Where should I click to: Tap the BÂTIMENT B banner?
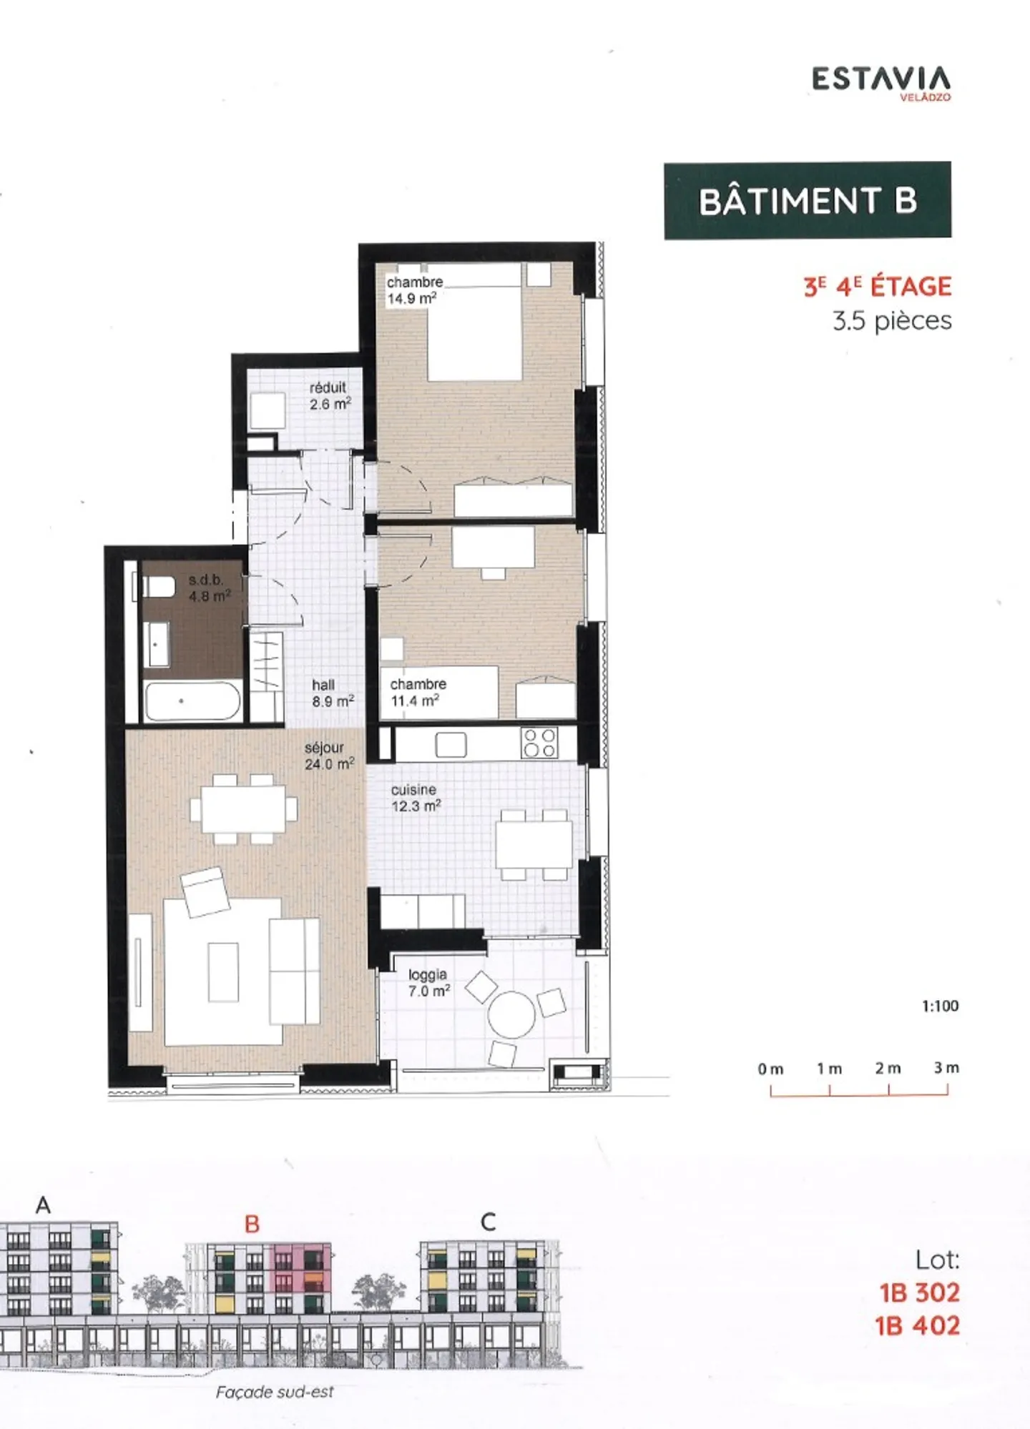(x=808, y=201)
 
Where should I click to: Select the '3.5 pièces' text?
(x=892, y=321)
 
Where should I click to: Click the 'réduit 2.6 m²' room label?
(x=329, y=396)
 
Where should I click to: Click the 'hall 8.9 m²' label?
(x=332, y=693)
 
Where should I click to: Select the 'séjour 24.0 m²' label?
(x=328, y=756)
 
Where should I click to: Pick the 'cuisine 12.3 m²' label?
(x=415, y=798)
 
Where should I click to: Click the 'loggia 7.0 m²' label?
(x=428, y=983)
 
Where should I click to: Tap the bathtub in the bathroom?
(x=192, y=701)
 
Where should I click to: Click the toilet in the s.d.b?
(x=160, y=587)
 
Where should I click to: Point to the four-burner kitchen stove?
(x=539, y=743)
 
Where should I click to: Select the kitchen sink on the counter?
(x=451, y=745)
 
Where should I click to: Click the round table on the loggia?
(x=511, y=1014)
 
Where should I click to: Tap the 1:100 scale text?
(x=940, y=1006)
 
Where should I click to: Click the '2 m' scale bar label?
(x=888, y=1069)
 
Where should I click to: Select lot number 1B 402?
(x=918, y=1326)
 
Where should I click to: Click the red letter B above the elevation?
(x=251, y=1224)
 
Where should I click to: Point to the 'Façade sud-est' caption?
(x=275, y=1392)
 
